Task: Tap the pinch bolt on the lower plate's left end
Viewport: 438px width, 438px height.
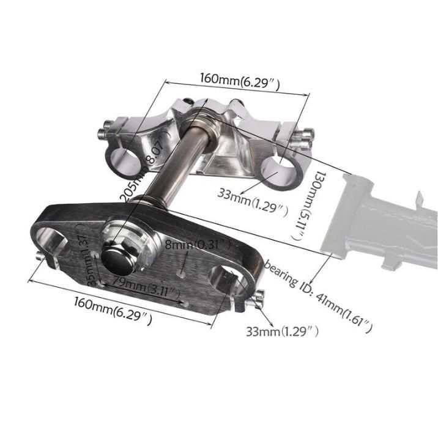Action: (x=42, y=256)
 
